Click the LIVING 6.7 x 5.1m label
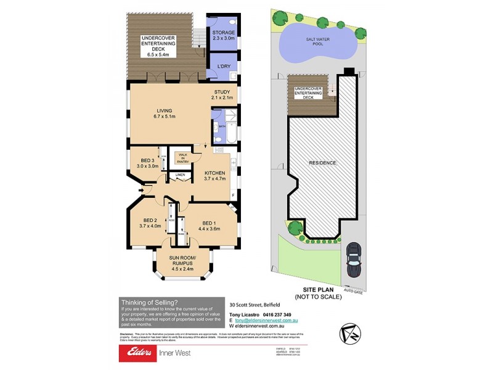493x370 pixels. pos(165,113)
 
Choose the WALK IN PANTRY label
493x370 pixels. pos(183,158)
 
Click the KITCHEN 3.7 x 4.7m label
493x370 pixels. pos(215,176)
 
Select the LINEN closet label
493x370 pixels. pos(179,175)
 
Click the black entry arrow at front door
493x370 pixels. pos(142,189)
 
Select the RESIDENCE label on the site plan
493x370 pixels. pos(322,163)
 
